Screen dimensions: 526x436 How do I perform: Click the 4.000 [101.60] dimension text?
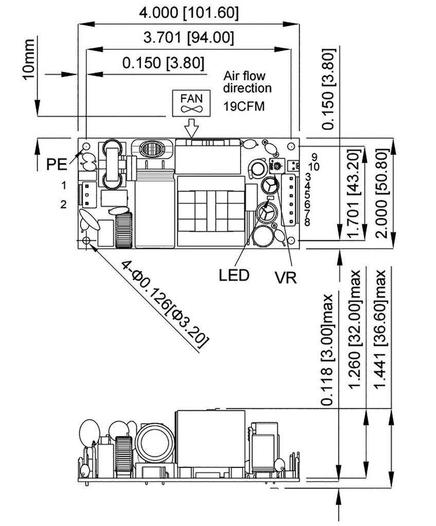click(189, 12)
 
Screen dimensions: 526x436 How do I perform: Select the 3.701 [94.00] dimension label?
click(189, 37)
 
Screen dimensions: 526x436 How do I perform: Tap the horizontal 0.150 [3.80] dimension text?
click(163, 63)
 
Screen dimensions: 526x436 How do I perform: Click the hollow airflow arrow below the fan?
click(191, 127)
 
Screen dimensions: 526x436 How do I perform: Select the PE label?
click(57, 164)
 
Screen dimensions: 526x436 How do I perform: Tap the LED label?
click(234, 274)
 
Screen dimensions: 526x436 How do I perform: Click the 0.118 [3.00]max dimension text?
click(326, 349)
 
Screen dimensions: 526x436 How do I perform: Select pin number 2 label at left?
click(63, 204)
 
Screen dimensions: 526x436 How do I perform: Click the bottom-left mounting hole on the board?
click(86, 240)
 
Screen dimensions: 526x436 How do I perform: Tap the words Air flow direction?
click(247, 82)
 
